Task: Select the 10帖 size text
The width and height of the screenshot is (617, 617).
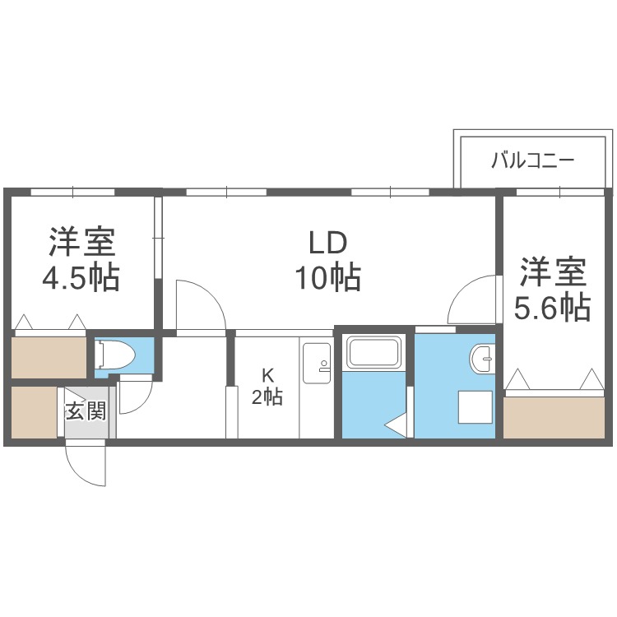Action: pos(328,279)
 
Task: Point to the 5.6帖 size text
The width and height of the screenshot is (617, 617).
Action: pos(552,308)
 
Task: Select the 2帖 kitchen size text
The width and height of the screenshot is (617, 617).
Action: pos(267,398)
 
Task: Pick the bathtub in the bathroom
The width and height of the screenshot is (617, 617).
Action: pos(373,353)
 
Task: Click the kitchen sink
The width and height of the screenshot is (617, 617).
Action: pos(316,362)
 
